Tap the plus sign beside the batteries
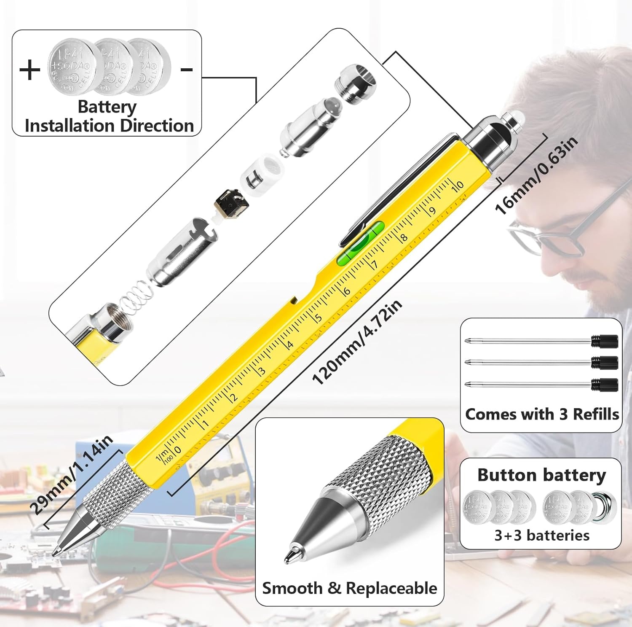pos(30,70)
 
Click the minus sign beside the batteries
pos(187,70)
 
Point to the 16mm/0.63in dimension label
pos(536,175)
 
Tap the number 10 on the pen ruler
pos(458,186)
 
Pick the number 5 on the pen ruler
pos(318,317)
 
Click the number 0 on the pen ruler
pos(177,450)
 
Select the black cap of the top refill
pos(604,341)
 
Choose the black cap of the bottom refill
pos(604,385)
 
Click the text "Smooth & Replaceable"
pos(349,588)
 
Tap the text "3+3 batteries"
pos(541,535)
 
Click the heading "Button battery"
pos(541,475)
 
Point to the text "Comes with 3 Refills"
pos(541,414)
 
